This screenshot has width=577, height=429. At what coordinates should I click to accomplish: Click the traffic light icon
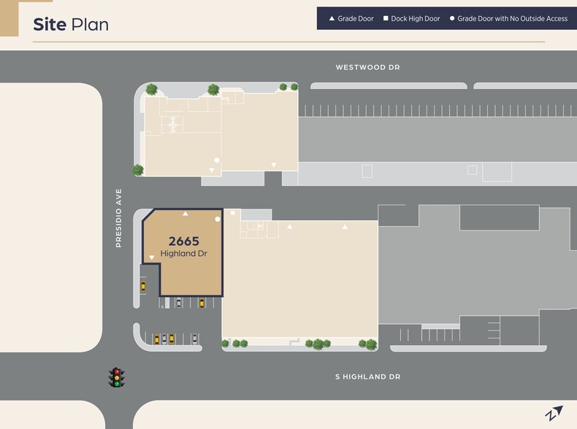point(116,377)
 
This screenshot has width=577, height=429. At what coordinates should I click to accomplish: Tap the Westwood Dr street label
point(367,68)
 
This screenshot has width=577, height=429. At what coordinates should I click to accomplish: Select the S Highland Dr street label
point(368,377)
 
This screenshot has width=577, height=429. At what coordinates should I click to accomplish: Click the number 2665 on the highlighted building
point(184,241)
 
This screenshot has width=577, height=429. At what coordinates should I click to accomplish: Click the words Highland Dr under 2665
point(184,254)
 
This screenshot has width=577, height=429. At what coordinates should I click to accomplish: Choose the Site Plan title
point(71,25)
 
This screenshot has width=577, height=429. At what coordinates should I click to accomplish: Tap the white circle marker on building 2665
point(218,219)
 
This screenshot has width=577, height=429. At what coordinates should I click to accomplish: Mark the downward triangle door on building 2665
point(152,258)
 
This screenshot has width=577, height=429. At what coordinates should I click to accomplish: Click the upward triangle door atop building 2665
point(186,214)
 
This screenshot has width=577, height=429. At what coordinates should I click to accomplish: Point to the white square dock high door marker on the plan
point(233,213)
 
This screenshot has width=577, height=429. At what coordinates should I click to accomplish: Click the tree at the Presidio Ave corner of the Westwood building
point(138,170)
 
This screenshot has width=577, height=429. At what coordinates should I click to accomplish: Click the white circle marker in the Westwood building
point(216,160)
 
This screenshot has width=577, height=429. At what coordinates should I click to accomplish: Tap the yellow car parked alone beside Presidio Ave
point(143,286)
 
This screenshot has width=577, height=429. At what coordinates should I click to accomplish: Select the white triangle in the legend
point(332,18)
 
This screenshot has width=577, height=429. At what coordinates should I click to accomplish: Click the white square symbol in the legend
point(386,18)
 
